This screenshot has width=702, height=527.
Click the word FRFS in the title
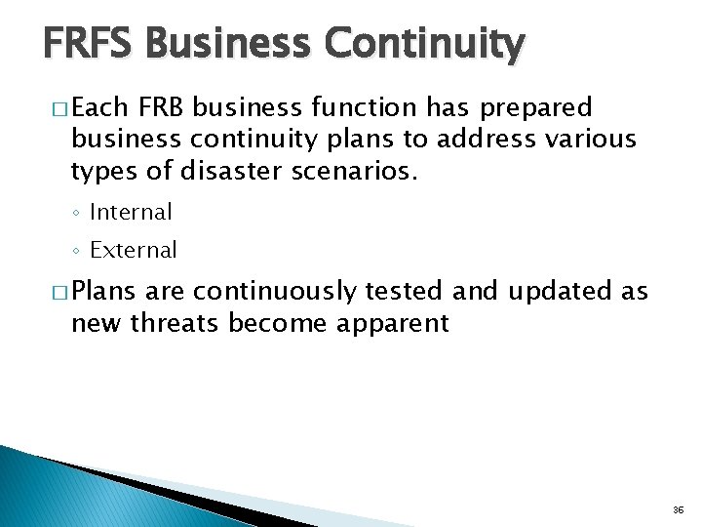[91, 44]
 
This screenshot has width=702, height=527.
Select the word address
[487, 140]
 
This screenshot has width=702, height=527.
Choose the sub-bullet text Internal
[130, 212]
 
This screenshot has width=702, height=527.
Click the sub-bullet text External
[134, 250]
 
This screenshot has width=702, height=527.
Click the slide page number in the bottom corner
[679, 510]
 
